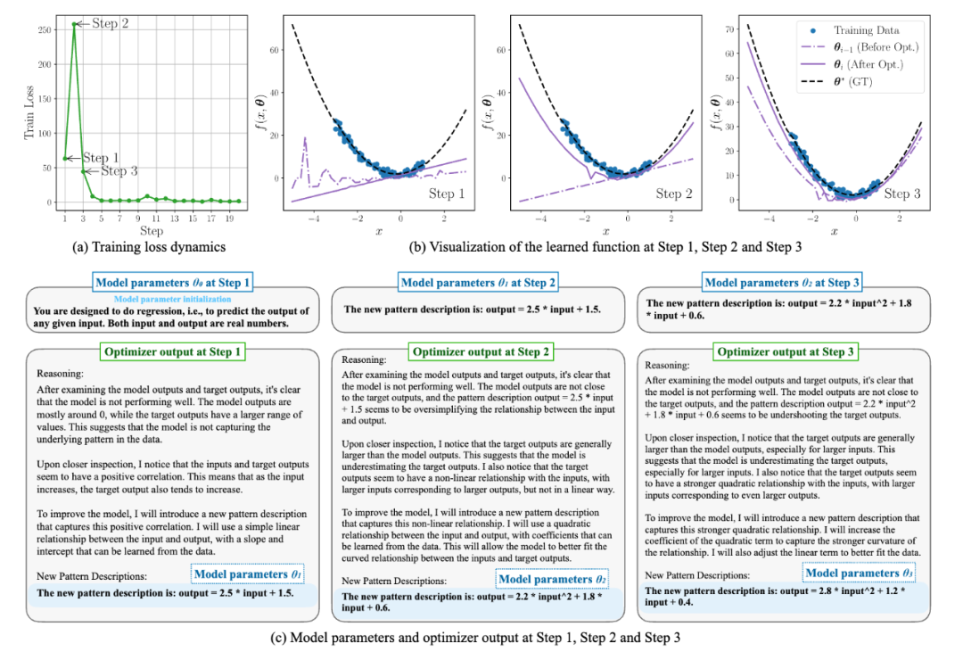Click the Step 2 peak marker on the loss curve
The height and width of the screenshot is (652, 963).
click(74, 24)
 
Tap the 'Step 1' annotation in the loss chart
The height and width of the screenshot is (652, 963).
click(103, 157)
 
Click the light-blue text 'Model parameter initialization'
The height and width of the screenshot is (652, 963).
click(175, 300)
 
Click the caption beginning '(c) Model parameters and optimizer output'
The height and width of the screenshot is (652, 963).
click(479, 639)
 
